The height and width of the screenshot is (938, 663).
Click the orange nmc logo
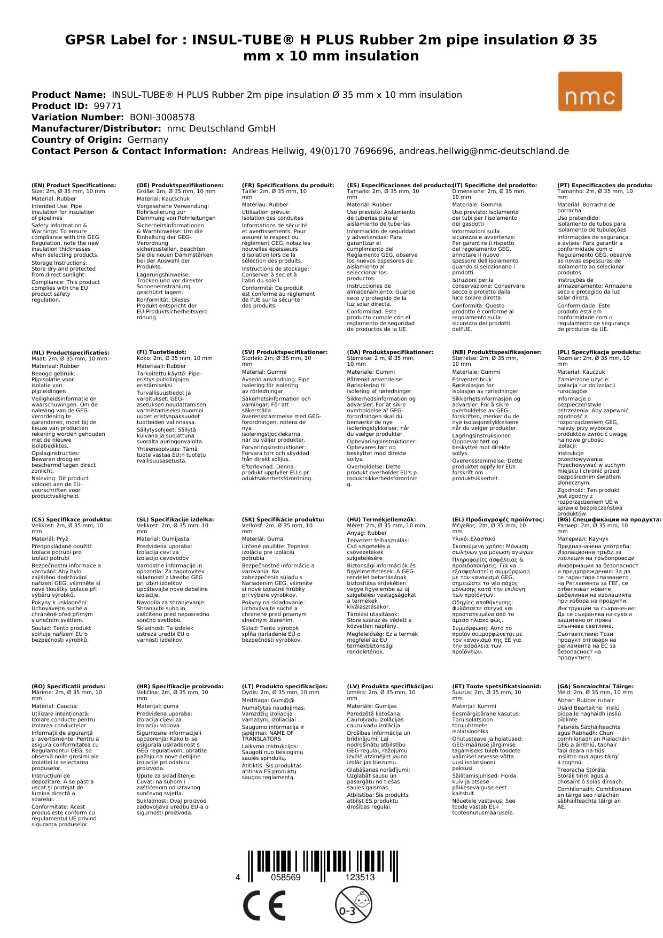[590, 91]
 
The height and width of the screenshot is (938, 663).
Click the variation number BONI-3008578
[162, 117]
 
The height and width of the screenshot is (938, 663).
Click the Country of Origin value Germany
[147, 140]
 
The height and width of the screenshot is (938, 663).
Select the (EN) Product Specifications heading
[73, 186]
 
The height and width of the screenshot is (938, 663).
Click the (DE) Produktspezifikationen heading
[180, 186]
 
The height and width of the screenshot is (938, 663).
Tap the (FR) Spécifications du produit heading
[288, 186]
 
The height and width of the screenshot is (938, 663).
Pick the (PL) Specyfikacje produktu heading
[598, 352]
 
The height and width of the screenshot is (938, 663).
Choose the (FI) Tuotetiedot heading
[161, 352]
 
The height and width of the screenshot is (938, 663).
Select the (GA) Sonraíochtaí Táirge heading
[595, 686]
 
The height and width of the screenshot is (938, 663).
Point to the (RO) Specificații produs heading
[68, 686]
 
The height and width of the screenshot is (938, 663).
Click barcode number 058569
[286, 877]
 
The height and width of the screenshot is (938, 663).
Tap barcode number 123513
[360, 877]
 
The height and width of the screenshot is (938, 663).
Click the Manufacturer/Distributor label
[96, 128]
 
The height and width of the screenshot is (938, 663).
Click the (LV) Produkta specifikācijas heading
[390, 686]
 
